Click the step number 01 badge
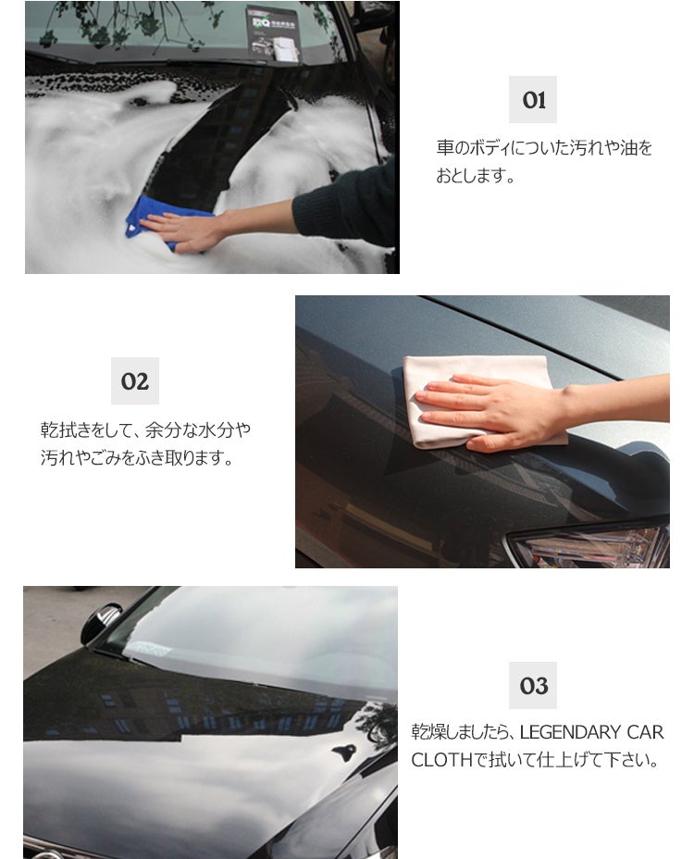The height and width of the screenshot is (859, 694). pyautogui.click(x=532, y=100)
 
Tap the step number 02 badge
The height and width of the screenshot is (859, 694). pyautogui.click(x=135, y=381)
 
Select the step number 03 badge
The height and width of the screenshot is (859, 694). pyautogui.click(x=532, y=685)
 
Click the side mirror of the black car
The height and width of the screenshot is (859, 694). pyautogui.click(x=102, y=624)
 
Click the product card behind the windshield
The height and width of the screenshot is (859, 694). pyautogui.click(x=273, y=34)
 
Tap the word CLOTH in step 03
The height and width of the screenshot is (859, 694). pyautogui.click(x=441, y=760)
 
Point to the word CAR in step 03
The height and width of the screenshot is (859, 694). pyautogui.click(x=645, y=732)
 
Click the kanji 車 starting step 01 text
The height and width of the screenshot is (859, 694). pyautogui.click(x=445, y=148)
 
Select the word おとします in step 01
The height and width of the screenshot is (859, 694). pyautogui.click(x=469, y=176)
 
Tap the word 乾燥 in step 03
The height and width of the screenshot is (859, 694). pyautogui.click(x=428, y=732)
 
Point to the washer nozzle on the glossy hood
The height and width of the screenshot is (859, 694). pyautogui.click(x=344, y=752)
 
